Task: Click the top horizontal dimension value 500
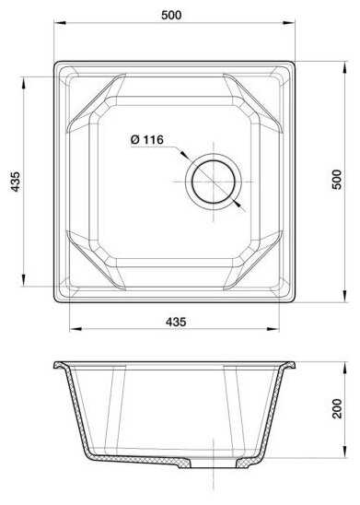click(171, 15)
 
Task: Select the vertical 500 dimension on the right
click(337, 180)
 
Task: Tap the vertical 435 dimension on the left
click(15, 182)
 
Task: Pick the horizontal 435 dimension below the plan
click(176, 322)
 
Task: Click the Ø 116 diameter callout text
click(147, 140)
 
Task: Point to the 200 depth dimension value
click(337, 408)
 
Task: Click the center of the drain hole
click(214, 182)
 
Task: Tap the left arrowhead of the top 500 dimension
click(60, 23)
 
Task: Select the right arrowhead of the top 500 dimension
click(288, 23)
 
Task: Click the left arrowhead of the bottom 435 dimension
click(75, 329)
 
